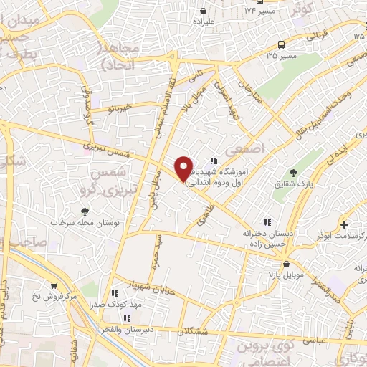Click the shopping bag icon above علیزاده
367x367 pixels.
tap(204, 11)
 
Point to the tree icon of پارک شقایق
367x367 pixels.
tap(292, 172)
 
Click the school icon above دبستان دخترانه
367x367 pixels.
tap(267, 222)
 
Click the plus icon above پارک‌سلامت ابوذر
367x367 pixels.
tap(345, 224)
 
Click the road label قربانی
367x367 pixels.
tap(318, 34)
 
